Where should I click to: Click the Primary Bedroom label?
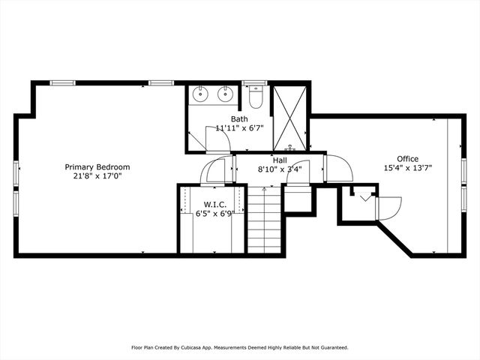click(x=97, y=167)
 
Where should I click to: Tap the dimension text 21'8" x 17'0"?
click(x=97, y=176)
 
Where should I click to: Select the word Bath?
click(x=239, y=118)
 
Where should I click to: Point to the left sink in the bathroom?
click(x=201, y=94)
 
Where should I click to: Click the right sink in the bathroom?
click(x=224, y=94)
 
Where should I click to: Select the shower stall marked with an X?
click(x=289, y=117)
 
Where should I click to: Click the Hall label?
click(x=279, y=160)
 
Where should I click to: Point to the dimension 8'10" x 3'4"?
click(x=279, y=169)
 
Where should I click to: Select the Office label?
click(x=407, y=158)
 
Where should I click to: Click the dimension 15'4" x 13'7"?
click(x=408, y=168)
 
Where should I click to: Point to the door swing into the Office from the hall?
click(x=339, y=167)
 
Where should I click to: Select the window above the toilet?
click(x=255, y=82)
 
